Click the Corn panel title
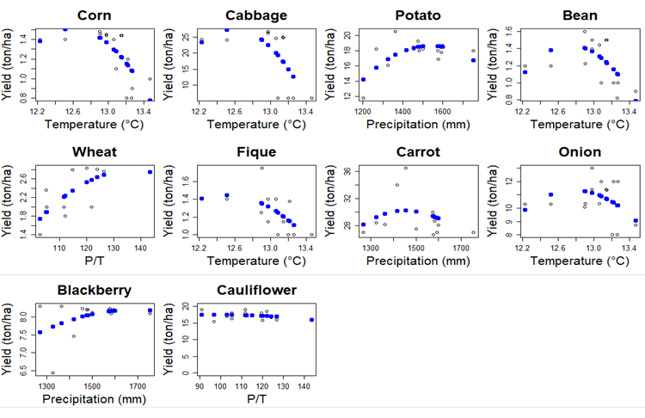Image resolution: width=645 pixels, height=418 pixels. pos(95,15)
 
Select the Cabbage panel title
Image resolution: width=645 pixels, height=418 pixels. pos(256,15)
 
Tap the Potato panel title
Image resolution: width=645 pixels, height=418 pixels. pos(418,15)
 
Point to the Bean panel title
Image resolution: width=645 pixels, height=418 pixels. pos(580,15)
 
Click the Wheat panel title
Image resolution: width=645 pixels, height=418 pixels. pos(95,152)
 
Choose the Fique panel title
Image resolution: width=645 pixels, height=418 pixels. pos(256,152)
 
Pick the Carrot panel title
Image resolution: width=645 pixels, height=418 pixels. pos(418,152)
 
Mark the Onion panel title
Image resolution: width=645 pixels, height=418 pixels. pos(580,152)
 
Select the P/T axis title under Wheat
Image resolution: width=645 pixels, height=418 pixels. pos(95,261)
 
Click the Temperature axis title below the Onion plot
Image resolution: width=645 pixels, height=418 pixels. pos(580,261)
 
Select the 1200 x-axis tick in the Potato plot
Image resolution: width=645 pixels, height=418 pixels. pos(363,112)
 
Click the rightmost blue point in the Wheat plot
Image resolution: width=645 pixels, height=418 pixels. pos(150,172)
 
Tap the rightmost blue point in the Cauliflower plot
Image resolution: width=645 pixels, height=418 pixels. pos(311,320)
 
